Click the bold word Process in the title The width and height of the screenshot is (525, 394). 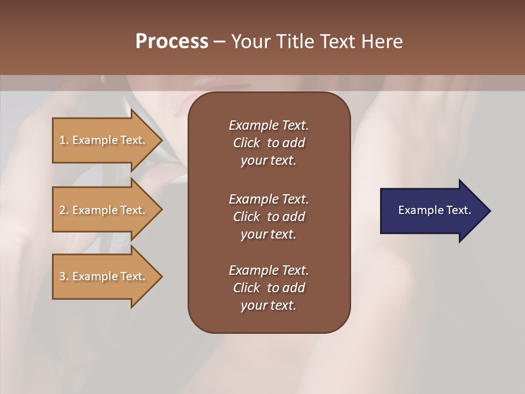click(172, 41)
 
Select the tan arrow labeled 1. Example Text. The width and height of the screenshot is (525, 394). click(104, 140)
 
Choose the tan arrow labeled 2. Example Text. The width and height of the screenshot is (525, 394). click(104, 210)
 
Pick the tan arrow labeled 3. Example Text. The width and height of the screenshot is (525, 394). click(104, 276)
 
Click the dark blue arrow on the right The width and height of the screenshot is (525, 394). click(432, 210)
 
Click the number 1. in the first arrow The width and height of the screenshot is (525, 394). click(63, 140)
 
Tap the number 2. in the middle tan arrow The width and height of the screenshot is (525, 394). click(63, 210)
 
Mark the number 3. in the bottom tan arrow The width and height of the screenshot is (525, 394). click(63, 276)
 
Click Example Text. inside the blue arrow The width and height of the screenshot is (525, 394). click(434, 210)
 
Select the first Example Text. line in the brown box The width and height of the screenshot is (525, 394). click(269, 125)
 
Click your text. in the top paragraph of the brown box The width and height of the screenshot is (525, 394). click(269, 161)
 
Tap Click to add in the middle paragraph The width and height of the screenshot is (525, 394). click(269, 217)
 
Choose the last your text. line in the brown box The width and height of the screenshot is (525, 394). click(269, 306)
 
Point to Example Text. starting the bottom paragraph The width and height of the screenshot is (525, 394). click(269, 270)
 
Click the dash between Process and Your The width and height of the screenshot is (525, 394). click(219, 42)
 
